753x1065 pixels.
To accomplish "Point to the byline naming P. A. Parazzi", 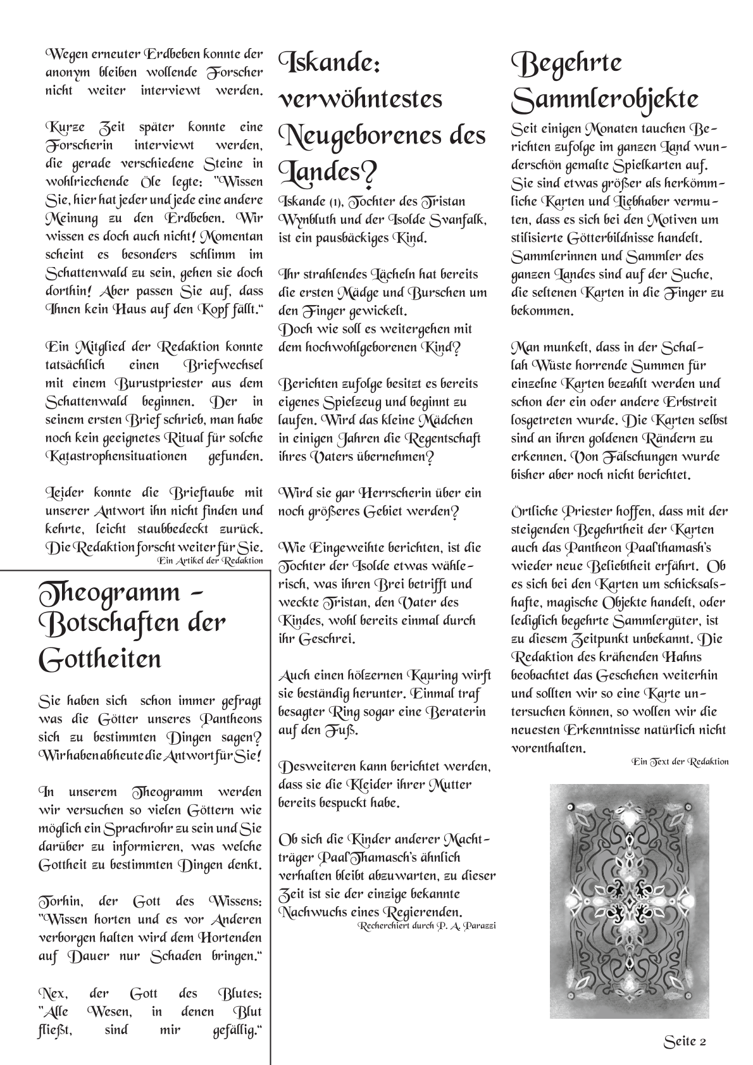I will click(426, 925).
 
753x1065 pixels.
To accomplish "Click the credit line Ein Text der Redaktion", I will click(680, 761).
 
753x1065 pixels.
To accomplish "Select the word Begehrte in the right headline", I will click(567, 63).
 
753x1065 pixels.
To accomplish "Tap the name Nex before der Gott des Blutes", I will click(52, 993).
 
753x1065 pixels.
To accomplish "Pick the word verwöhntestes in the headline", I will click(361, 99).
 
